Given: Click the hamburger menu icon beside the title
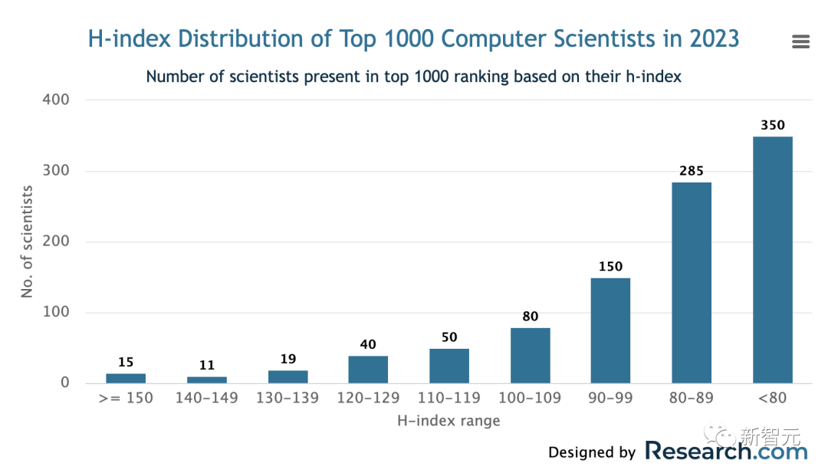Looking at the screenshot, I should (x=800, y=41).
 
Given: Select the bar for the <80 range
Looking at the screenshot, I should (x=772, y=260).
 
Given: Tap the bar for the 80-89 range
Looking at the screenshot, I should (x=692, y=283).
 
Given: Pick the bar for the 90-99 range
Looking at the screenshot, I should (x=610, y=330).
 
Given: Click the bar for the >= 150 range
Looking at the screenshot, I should (x=126, y=378).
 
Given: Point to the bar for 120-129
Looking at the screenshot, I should (x=368, y=370).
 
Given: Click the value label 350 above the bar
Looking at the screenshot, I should (x=773, y=125).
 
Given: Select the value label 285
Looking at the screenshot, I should (x=692, y=171).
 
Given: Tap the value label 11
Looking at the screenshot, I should (x=207, y=365).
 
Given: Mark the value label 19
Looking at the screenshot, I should (x=287, y=359).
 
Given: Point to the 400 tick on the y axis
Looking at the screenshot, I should (x=58, y=100).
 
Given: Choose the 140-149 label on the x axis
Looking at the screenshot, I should (x=207, y=398).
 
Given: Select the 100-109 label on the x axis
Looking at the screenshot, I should (x=530, y=398).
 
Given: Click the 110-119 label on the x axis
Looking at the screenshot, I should (x=449, y=398).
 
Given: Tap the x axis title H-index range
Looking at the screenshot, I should (x=449, y=421).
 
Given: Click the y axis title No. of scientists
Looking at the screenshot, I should (x=28, y=241).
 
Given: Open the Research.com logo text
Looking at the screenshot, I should (x=726, y=451).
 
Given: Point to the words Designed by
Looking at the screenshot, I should (x=592, y=453).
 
